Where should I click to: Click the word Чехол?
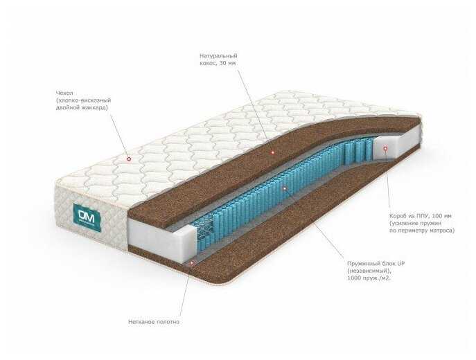(65, 92)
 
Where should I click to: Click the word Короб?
(400, 215)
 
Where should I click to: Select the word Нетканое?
(143, 322)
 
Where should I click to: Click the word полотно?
(170, 322)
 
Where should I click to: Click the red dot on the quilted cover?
(129, 159)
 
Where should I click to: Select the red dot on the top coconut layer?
(272, 151)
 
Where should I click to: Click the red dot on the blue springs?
(284, 188)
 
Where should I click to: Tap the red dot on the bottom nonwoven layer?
(191, 262)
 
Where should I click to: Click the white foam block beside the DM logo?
(152, 235)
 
